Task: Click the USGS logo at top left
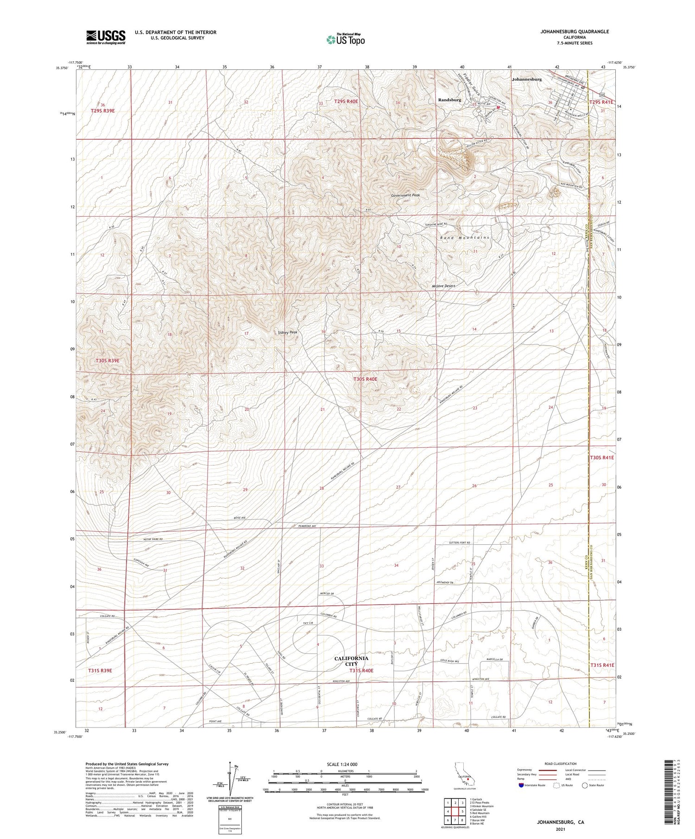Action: click(106, 37)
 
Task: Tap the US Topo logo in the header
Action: click(345, 40)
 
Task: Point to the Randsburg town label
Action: click(449, 100)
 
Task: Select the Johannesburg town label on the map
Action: click(526, 80)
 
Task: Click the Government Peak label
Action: click(405, 195)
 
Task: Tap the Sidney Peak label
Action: click(287, 332)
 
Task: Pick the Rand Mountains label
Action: click(464, 237)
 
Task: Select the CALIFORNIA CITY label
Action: click(351, 660)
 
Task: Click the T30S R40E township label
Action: click(365, 379)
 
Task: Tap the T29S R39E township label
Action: click(102, 111)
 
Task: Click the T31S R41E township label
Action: click(602, 665)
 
